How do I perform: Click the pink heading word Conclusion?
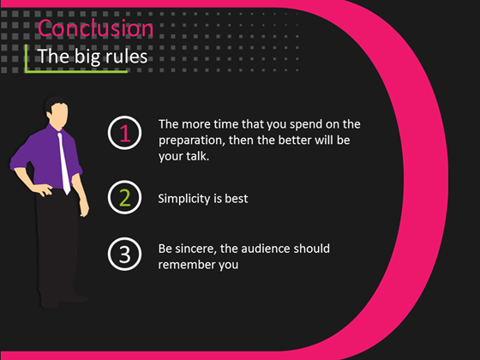coord(96,28)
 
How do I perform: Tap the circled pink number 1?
coord(124,133)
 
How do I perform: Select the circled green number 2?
coord(124,198)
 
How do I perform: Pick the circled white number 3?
coord(124,255)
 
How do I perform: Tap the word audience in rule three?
coord(274,249)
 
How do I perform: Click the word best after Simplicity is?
coord(237,199)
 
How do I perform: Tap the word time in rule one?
coord(220,124)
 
